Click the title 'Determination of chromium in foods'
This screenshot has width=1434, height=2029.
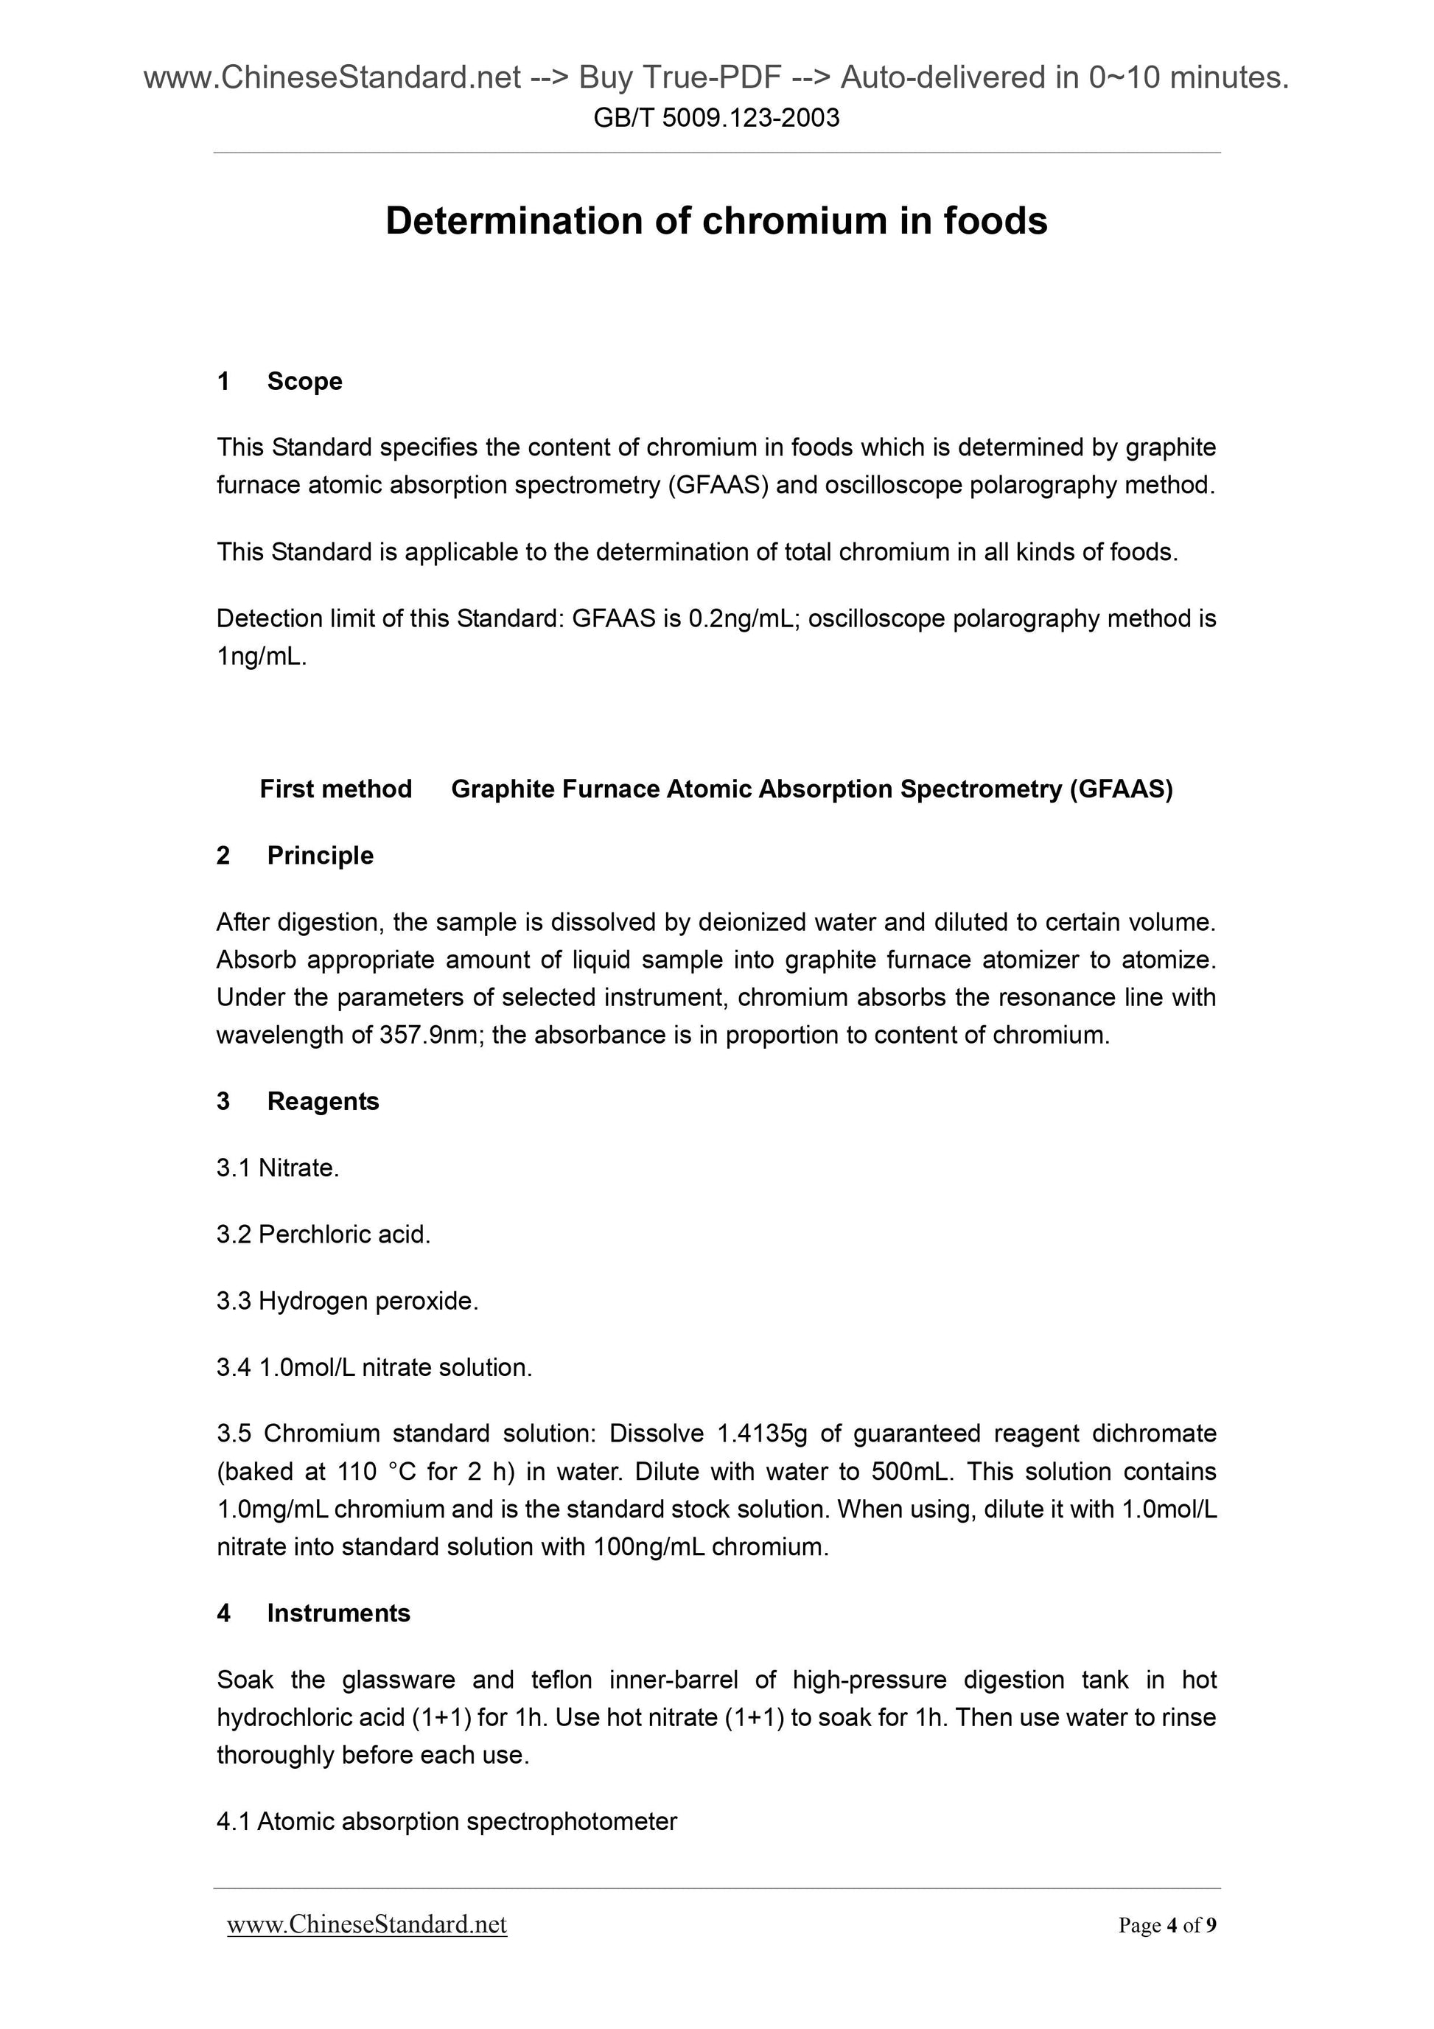coord(716,221)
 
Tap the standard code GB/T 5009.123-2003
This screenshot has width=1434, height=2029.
coord(716,117)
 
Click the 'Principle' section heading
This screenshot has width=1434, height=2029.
coord(320,856)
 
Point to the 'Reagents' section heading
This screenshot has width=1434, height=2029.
coord(323,1101)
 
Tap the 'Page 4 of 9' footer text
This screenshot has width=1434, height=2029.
coord(1167,1925)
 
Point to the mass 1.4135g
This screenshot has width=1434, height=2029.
coord(758,1433)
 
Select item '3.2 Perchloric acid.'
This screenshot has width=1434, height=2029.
coord(323,1234)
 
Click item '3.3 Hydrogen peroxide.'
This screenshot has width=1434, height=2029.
coord(347,1301)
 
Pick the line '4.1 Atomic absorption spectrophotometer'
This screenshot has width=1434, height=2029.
coord(447,1821)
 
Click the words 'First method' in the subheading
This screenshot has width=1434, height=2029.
coord(336,789)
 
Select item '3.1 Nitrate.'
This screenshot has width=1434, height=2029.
coord(277,1168)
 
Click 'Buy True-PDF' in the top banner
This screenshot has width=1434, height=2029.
coord(679,79)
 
